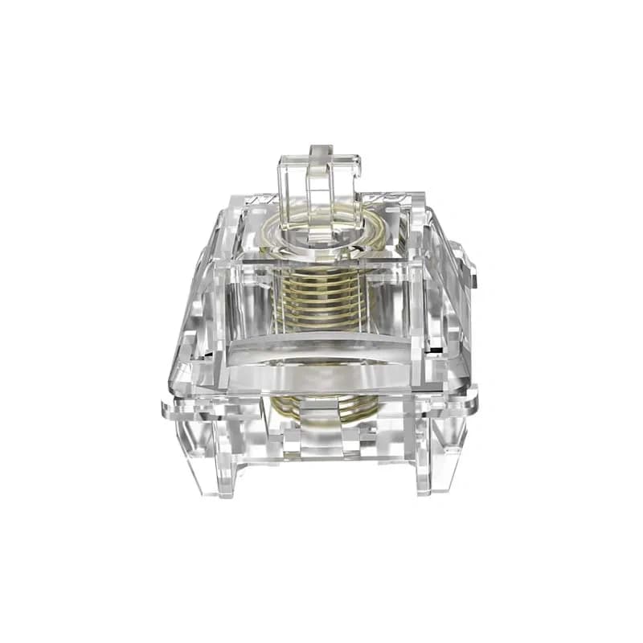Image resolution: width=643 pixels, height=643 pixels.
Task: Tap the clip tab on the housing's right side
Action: click(468, 265)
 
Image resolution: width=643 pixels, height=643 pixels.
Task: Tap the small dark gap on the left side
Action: click(211, 354)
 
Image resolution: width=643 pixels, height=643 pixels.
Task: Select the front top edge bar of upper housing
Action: click(321, 260)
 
